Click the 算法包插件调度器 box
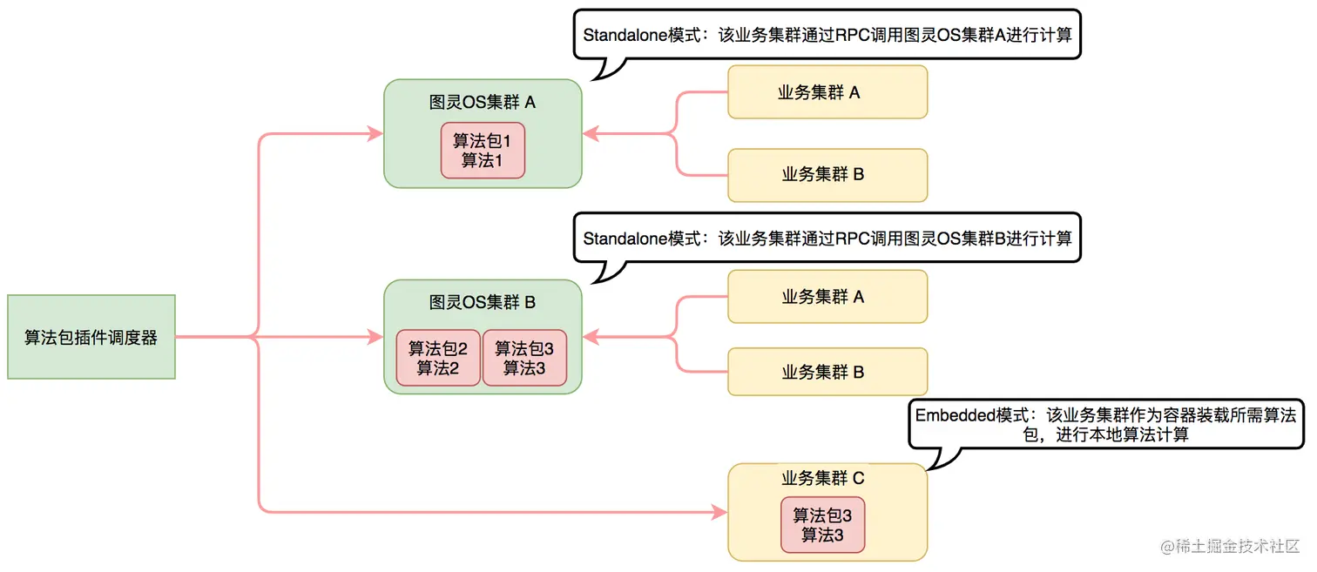(91, 337)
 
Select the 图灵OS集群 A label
(483, 103)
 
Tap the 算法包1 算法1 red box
(483, 151)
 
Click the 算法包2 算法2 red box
(438, 358)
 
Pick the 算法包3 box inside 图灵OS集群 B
(524, 358)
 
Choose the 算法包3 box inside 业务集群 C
(822, 525)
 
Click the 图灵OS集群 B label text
(483, 303)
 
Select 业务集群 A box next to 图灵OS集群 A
(827, 92)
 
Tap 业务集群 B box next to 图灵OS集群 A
(827, 175)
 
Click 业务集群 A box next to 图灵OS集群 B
(827, 298)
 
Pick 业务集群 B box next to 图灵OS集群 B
(827, 373)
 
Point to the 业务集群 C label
(822, 479)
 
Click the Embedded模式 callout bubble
(1106, 425)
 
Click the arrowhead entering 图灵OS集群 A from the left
(375, 134)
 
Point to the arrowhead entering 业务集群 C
(719, 512)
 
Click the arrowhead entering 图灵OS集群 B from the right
(591, 336)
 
